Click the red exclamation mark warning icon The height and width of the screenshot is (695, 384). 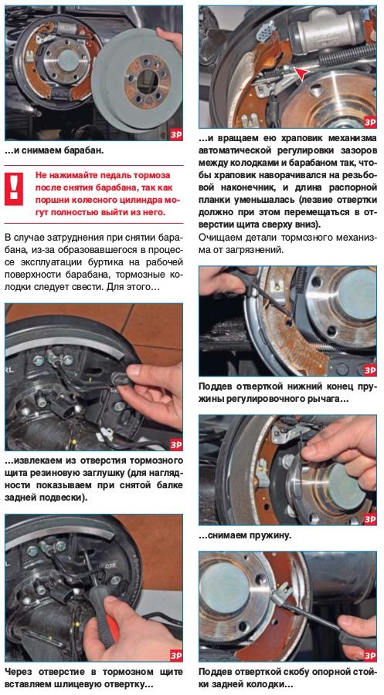pos(14,188)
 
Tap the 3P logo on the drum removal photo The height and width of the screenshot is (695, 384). pos(175,136)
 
